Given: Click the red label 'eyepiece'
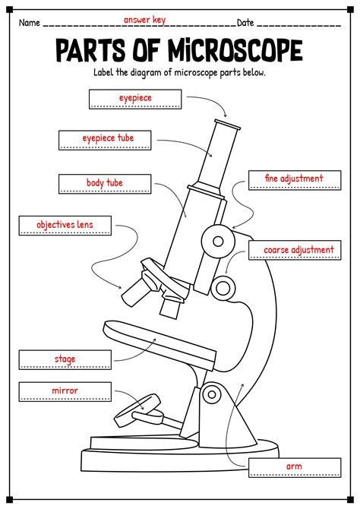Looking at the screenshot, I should (x=134, y=98).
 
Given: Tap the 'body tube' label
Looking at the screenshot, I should (x=104, y=183).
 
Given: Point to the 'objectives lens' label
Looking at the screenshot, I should (x=65, y=225).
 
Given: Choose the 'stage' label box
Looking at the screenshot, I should (x=65, y=359).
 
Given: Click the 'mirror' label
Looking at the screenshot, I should (x=65, y=391).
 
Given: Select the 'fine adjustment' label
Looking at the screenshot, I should (x=294, y=179).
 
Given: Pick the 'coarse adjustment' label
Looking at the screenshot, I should (x=297, y=249).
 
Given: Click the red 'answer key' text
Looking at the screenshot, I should (x=144, y=20).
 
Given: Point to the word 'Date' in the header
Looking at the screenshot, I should (x=245, y=23).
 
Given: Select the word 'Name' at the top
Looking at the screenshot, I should (x=29, y=23).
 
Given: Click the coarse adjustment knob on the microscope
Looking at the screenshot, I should (x=223, y=286).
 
